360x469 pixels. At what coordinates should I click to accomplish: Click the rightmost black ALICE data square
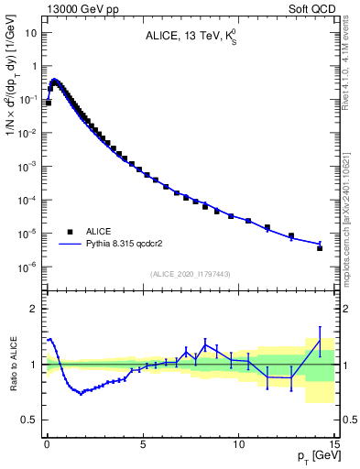[320, 248]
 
